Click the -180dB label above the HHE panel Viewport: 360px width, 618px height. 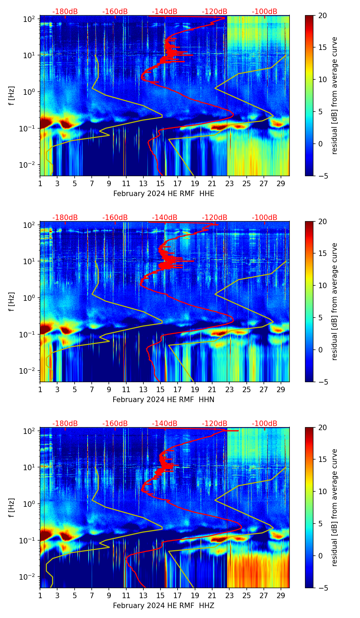(x=65, y=12)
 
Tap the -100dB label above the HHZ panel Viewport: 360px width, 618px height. (x=265, y=424)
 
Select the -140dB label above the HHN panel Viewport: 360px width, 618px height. (x=165, y=218)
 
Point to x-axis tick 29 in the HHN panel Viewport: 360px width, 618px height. (x=281, y=389)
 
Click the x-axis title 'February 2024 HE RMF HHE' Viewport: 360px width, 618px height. (x=164, y=194)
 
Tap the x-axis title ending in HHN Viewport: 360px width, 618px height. (x=164, y=400)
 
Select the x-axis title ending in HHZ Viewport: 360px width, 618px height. (x=164, y=606)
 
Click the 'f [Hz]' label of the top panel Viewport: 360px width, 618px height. (x=12, y=96)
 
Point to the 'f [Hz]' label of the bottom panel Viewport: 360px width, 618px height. (x=12, y=508)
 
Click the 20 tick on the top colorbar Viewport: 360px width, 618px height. (x=322, y=16)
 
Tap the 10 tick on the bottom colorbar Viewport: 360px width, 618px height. (x=322, y=492)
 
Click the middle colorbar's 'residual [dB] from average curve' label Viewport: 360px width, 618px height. (x=334, y=301)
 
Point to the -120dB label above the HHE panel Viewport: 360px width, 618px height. (x=215, y=12)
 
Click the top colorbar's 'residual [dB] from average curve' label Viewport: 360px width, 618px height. (x=334, y=95)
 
